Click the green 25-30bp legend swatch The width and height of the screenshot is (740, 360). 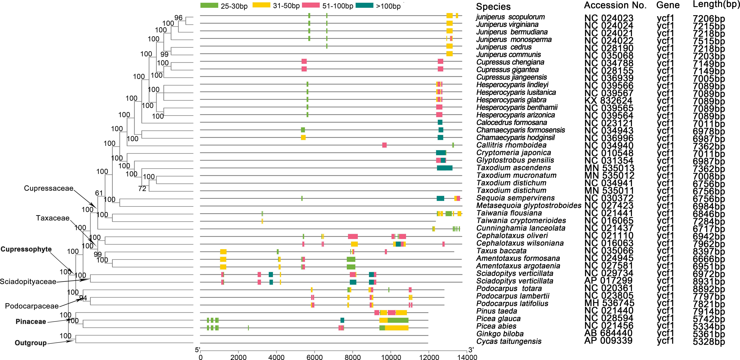coord(209,5)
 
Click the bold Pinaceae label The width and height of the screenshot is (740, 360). coord(31,322)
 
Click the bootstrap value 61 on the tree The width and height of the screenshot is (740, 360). coord(99,193)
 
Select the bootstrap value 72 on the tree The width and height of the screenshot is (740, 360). coord(142,189)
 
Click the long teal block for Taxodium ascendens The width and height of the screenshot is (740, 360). coord(444,168)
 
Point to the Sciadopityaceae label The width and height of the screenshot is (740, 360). coord(28,281)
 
